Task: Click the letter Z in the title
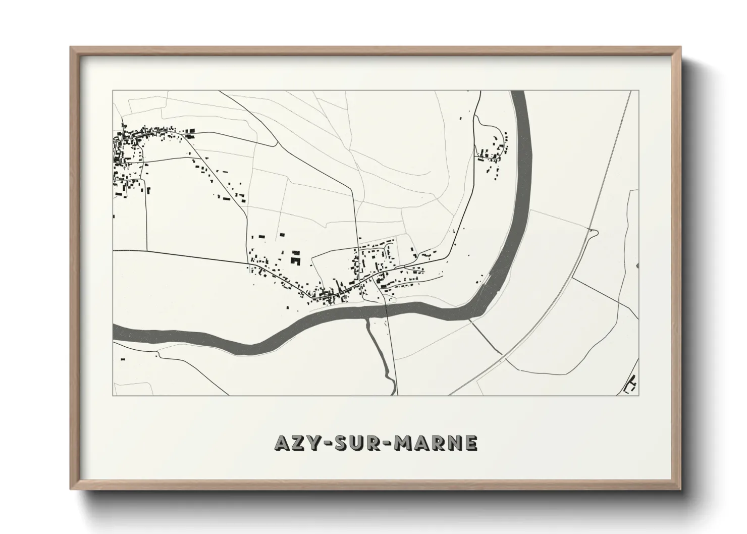297,443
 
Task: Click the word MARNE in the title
437,443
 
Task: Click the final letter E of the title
470,443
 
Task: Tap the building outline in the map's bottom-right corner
631,385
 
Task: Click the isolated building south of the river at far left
122,359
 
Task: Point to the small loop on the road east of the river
594,232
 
